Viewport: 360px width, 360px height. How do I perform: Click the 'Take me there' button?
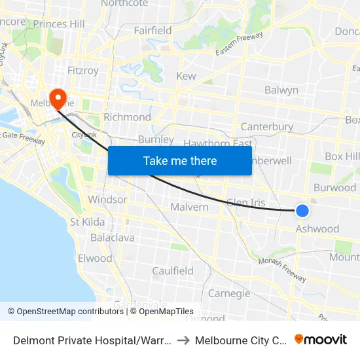pyautogui.click(x=180, y=160)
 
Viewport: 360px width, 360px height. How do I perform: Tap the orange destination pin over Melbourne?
pyautogui.click(x=58, y=98)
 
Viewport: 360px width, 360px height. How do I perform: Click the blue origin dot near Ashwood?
pyautogui.click(x=302, y=210)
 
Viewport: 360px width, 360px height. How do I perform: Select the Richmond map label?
pyautogui.click(x=127, y=117)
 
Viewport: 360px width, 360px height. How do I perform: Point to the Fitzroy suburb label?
pyautogui.click(x=83, y=70)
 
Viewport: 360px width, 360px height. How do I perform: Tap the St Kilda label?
pyautogui.click(x=88, y=222)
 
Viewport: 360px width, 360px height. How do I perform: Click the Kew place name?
pyautogui.click(x=186, y=76)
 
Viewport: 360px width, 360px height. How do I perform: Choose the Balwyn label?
pyautogui.click(x=281, y=90)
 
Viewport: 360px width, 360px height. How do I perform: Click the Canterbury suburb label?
pyautogui.click(x=266, y=126)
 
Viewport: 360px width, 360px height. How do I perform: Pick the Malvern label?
pyautogui.click(x=189, y=207)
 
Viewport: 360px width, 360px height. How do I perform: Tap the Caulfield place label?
pyautogui.click(x=173, y=271)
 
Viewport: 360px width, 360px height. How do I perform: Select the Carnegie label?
pyautogui.click(x=228, y=293)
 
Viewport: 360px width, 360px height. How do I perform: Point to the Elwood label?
pyautogui.click(x=95, y=259)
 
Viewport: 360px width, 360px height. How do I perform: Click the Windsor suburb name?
pyautogui.click(x=107, y=199)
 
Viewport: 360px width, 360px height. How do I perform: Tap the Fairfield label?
pyautogui.click(x=153, y=31)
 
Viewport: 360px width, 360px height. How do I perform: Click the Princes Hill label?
pyautogui.click(x=59, y=24)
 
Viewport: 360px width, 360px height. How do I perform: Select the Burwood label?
pyautogui.click(x=334, y=187)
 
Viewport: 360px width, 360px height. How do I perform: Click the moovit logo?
pyautogui.click(x=320, y=339)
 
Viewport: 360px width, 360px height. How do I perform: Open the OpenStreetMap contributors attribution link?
pyautogui.click(x=66, y=312)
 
